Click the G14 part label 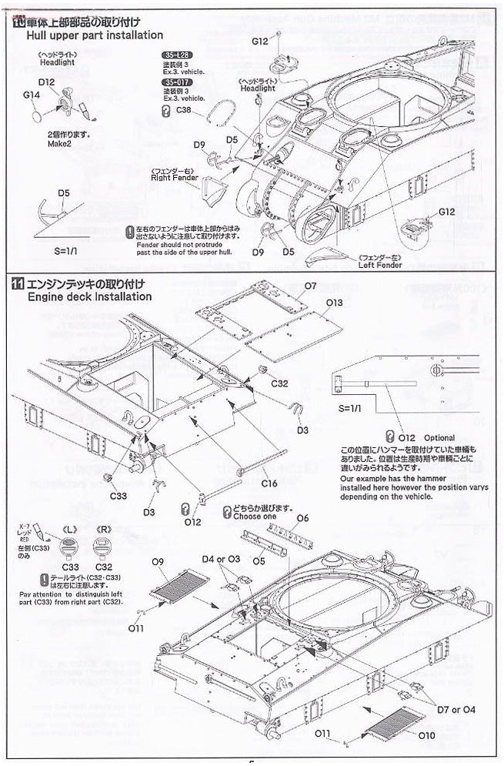coord(32,94)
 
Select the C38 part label coord(183,110)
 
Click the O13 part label coord(333,303)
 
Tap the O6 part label coord(302,518)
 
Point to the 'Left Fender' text coord(380,266)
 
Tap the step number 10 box coord(18,22)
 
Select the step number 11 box coord(18,283)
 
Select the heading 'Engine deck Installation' coord(89,296)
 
